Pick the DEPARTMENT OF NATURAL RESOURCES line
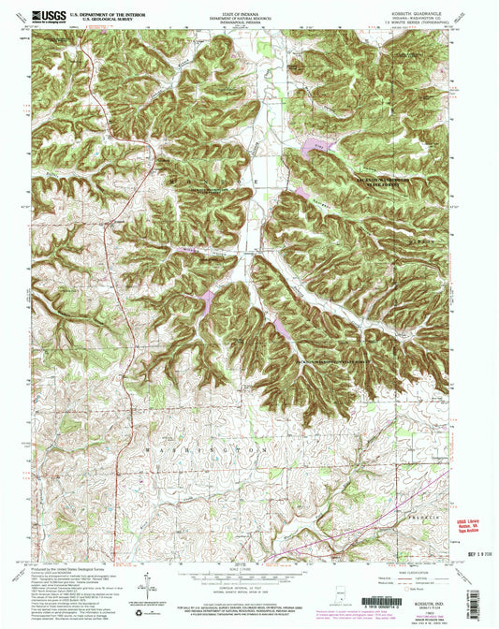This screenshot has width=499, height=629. click(249, 17)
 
